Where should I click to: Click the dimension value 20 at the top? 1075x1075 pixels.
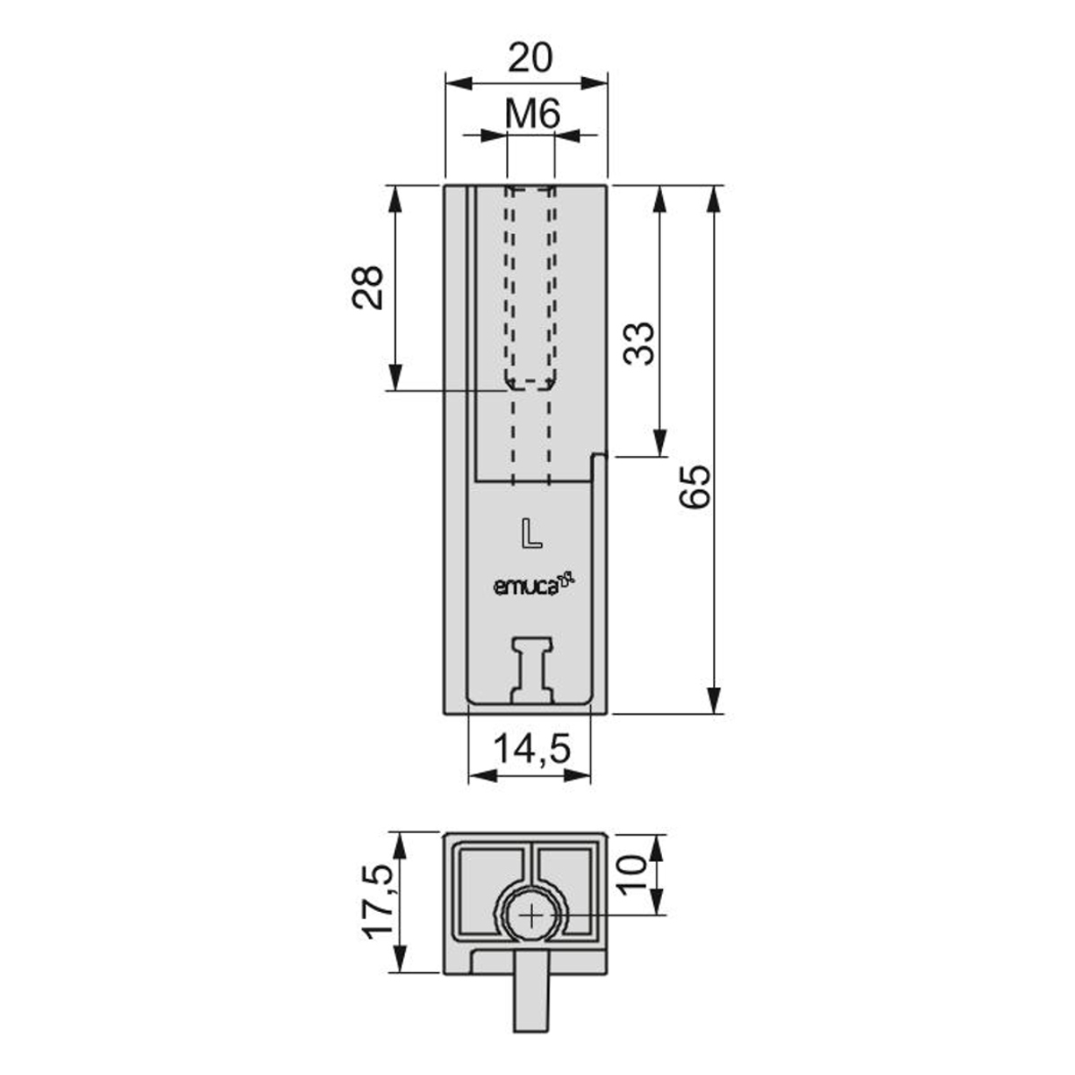pos(529,57)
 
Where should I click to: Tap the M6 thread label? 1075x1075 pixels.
pos(532,116)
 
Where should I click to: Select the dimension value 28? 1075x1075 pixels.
pos(368,288)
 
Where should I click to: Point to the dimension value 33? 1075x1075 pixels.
pos(639,343)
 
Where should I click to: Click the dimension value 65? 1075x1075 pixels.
pos(694,486)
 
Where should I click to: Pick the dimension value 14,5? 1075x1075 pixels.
pos(532,748)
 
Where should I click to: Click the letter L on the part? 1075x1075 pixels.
pos(531,533)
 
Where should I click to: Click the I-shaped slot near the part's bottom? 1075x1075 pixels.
pos(532,669)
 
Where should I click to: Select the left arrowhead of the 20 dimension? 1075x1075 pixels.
pos(460,83)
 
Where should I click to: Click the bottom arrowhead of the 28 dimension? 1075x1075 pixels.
pos(395,377)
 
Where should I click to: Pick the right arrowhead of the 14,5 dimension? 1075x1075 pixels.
pos(577,776)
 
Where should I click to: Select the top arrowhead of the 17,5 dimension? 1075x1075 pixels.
pos(400,864)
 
